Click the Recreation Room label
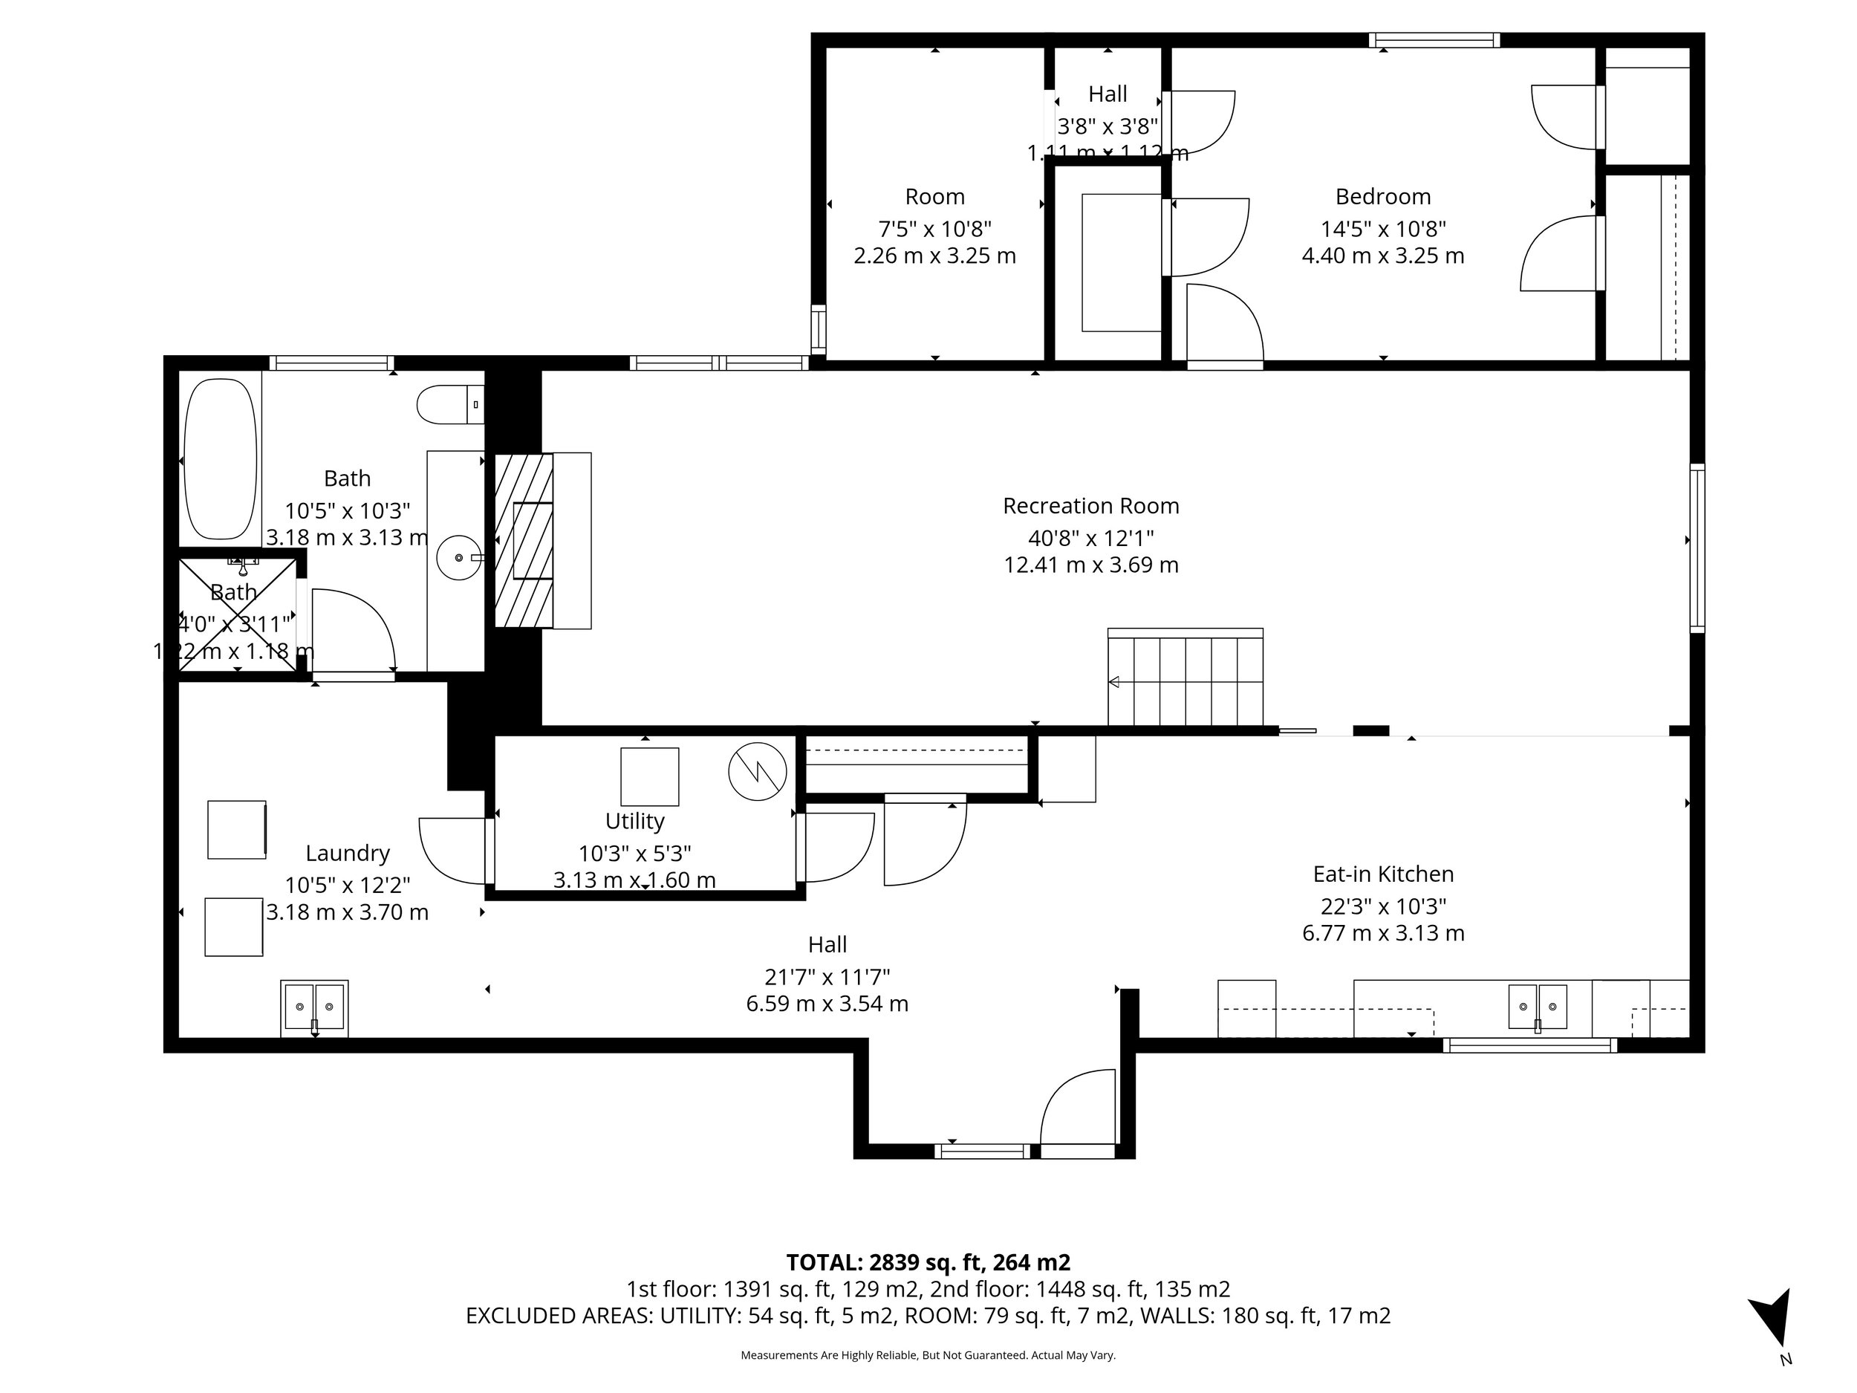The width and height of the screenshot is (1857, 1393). (1090, 505)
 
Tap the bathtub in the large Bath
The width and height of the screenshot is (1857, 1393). (220, 458)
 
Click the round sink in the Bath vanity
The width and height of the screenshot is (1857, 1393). (459, 556)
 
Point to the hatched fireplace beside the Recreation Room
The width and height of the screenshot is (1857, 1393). (524, 540)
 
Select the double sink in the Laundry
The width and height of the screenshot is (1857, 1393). (314, 1007)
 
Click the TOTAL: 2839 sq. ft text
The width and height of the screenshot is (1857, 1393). (928, 1262)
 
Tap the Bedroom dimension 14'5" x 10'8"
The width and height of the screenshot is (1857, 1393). (1382, 228)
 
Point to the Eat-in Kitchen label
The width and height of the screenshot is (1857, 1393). (1382, 874)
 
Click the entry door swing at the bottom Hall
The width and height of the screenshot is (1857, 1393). (1079, 1108)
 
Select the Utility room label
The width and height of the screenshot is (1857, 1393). (634, 821)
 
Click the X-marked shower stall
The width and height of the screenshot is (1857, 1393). (238, 614)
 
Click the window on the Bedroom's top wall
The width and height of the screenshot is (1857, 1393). (1434, 40)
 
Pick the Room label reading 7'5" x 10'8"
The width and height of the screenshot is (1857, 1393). (934, 228)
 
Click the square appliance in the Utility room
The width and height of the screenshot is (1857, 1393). (649, 776)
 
